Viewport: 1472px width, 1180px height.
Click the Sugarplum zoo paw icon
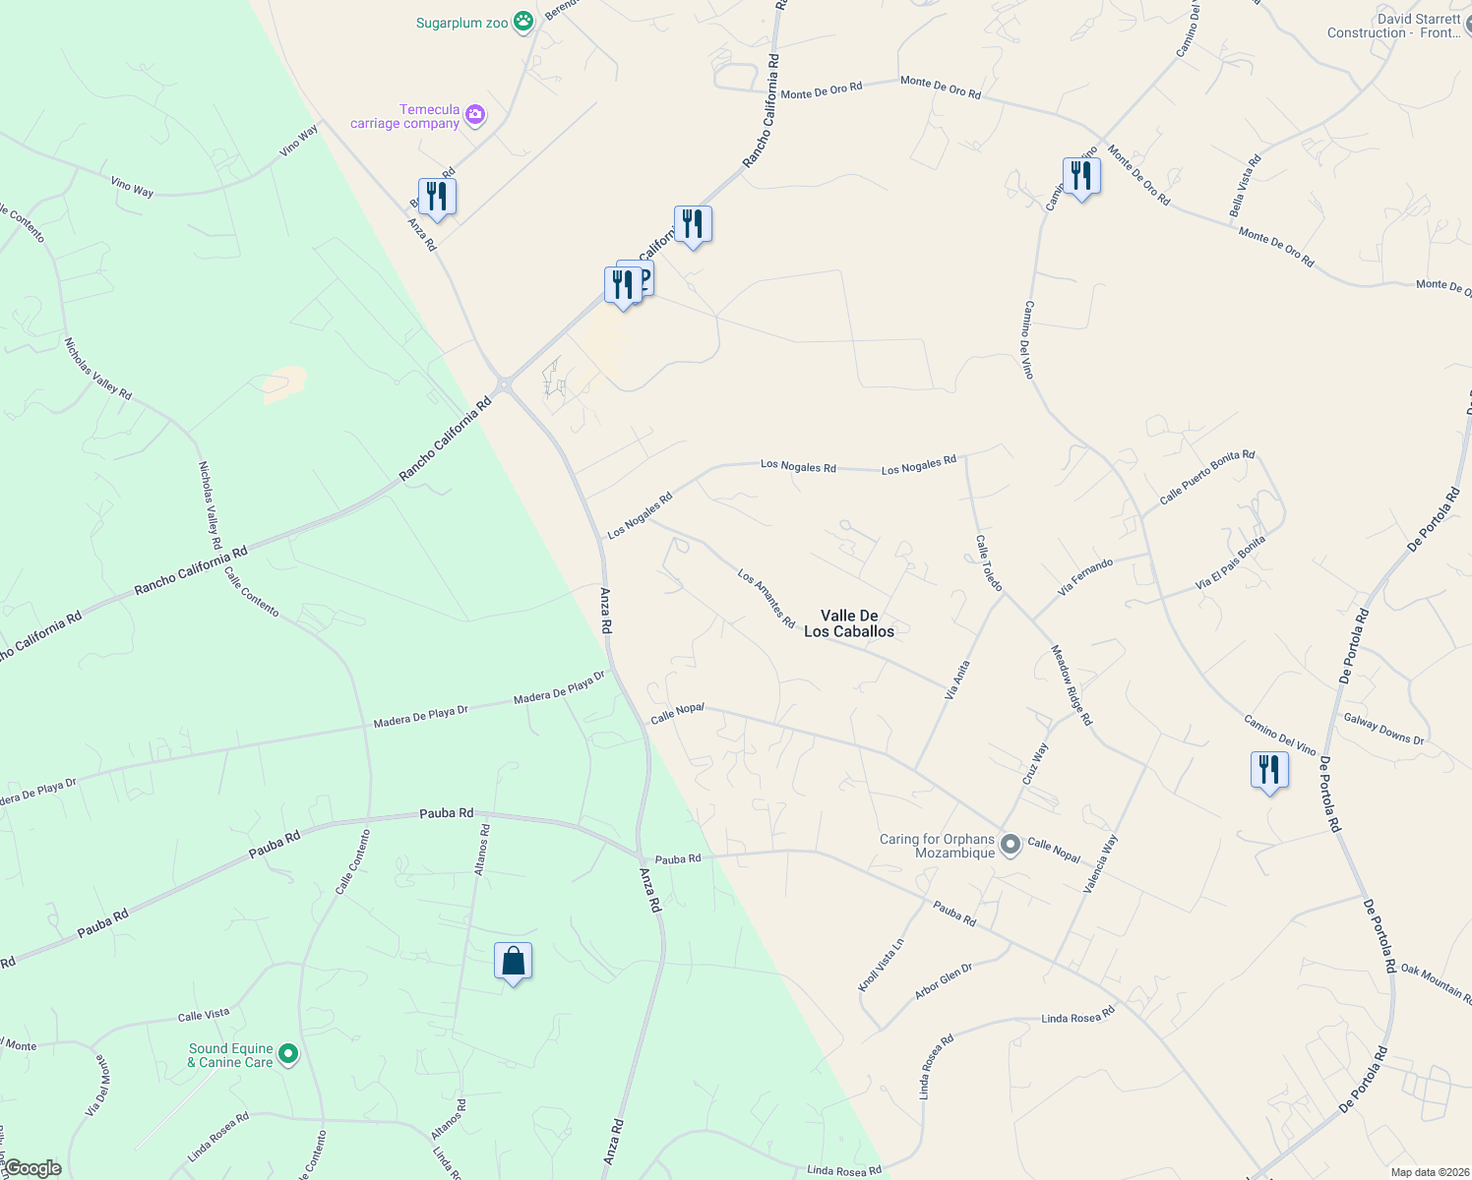524,22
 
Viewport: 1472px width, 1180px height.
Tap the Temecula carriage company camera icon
475,116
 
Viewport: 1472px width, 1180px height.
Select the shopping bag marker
513,962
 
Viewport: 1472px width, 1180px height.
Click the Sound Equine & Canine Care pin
288,1055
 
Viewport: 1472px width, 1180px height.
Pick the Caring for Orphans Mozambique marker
1010,845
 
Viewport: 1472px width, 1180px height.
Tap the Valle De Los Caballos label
849,623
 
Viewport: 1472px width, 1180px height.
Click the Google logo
32,1168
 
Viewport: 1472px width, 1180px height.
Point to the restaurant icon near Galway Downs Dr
1269,770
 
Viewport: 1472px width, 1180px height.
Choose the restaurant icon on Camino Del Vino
1081,177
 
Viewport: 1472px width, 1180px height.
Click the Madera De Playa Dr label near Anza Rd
559,687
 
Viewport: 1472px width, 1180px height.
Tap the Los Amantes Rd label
766,599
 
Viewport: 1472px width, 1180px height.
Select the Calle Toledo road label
988,562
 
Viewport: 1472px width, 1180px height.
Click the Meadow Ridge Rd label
1071,685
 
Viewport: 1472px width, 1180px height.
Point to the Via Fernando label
1084,577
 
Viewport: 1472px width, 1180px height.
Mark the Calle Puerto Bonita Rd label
1206,477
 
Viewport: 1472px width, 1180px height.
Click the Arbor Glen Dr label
943,981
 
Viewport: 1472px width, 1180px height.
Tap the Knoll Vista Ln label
881,965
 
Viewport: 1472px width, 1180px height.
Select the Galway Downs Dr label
1383,729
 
